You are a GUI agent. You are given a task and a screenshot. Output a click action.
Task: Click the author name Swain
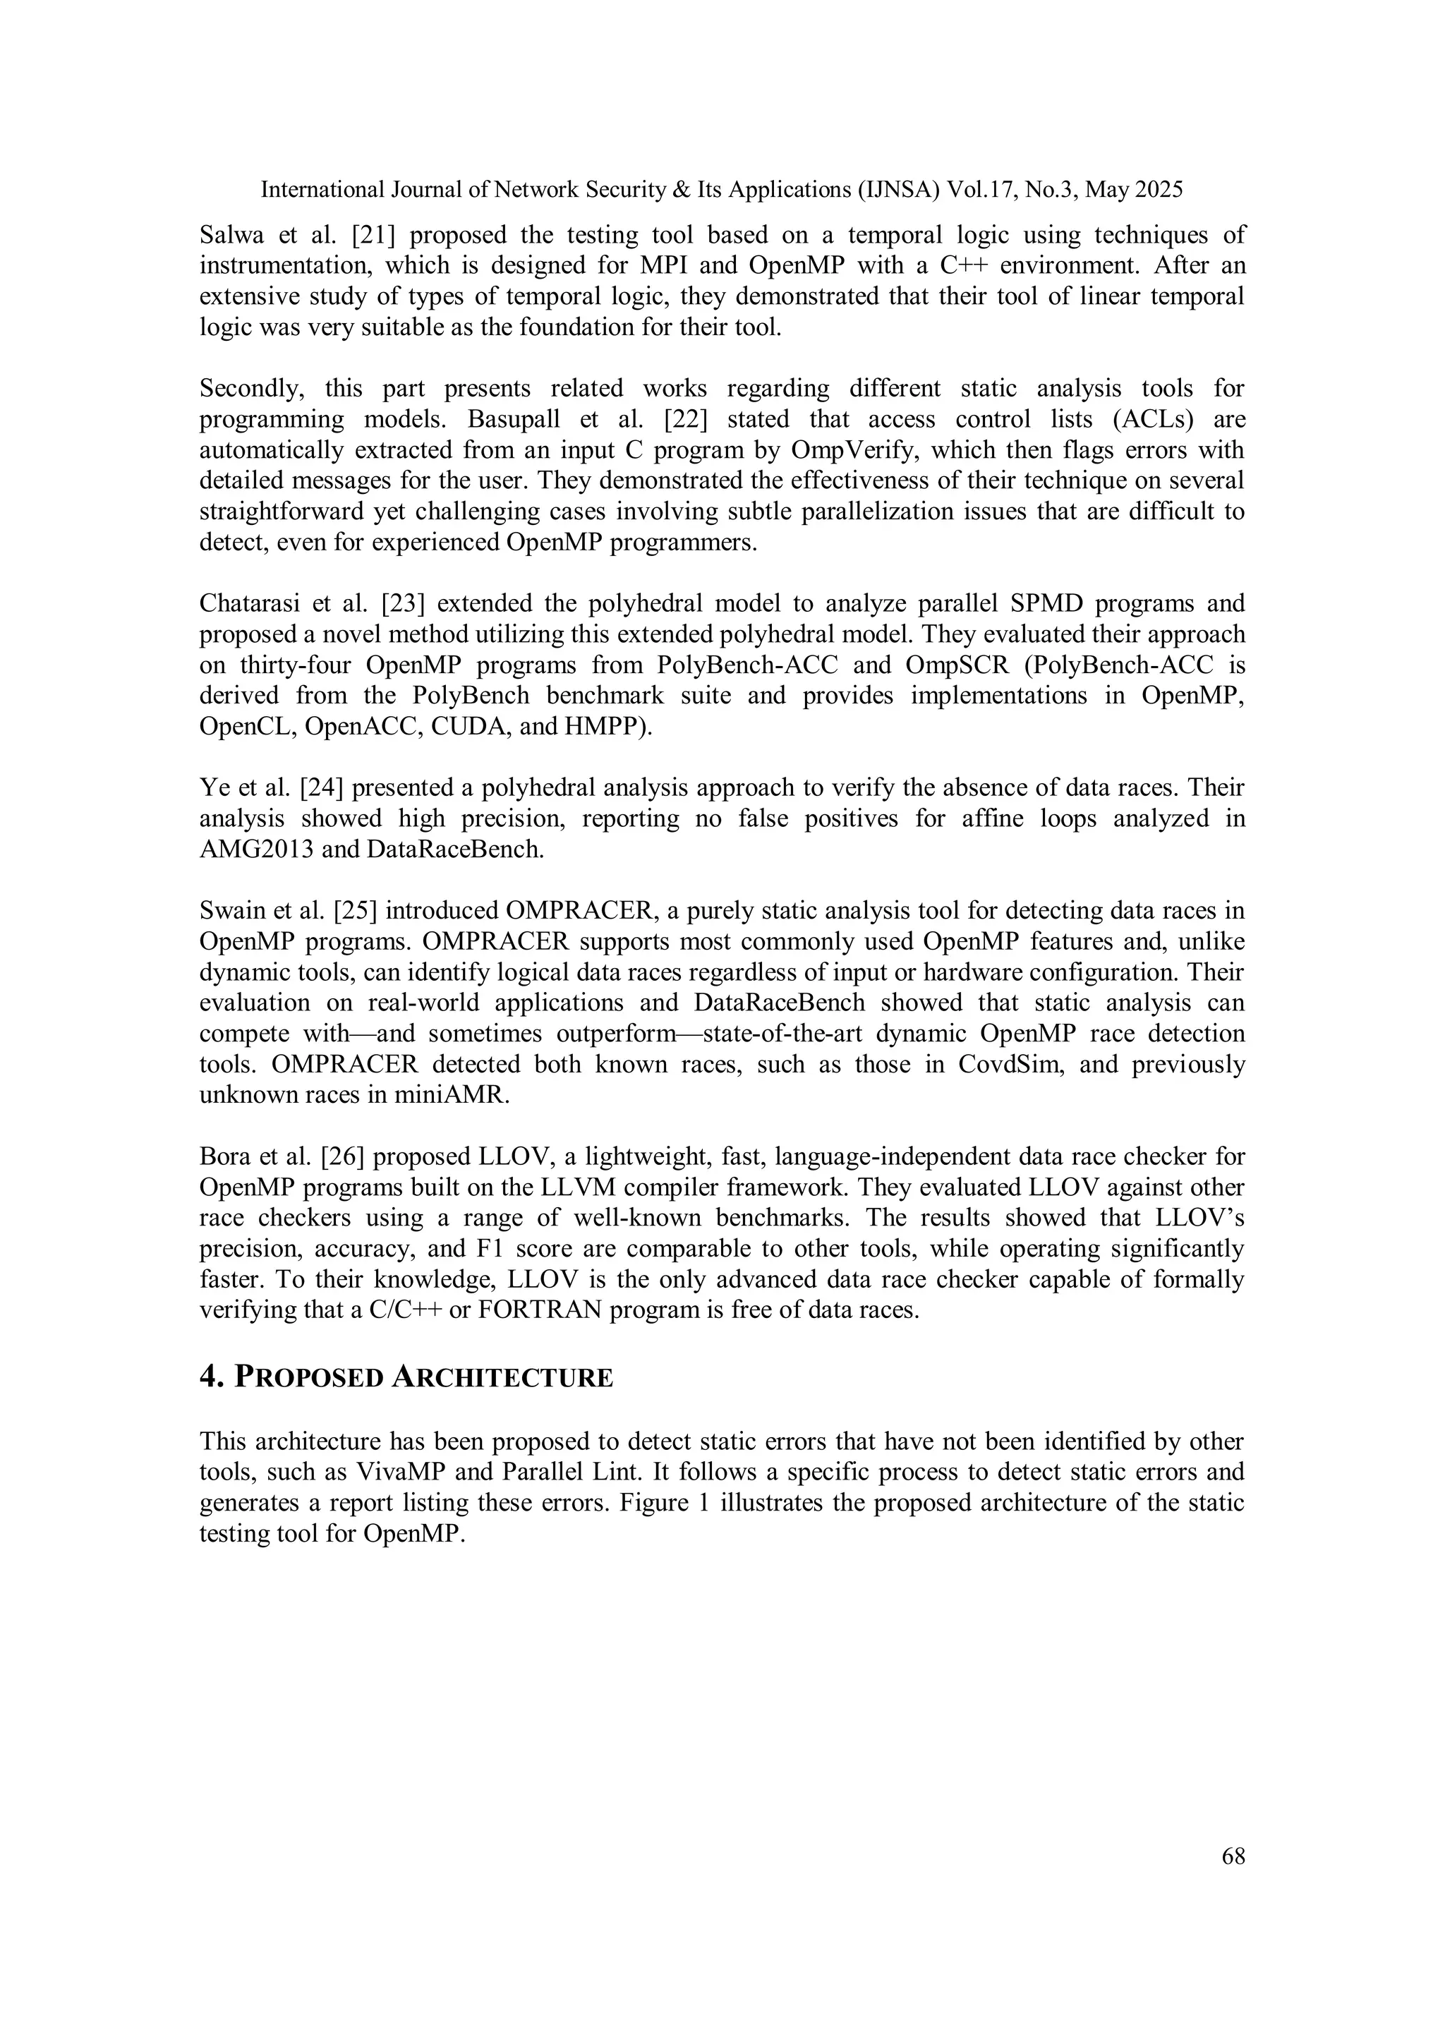coord(230,911)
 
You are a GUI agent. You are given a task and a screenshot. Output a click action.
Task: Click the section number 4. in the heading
coord(210,1377)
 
